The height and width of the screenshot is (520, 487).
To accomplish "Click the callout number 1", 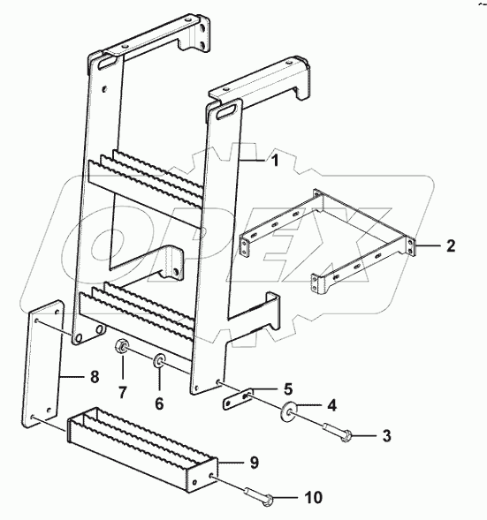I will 275,162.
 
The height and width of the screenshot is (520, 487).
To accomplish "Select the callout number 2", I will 450,246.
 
